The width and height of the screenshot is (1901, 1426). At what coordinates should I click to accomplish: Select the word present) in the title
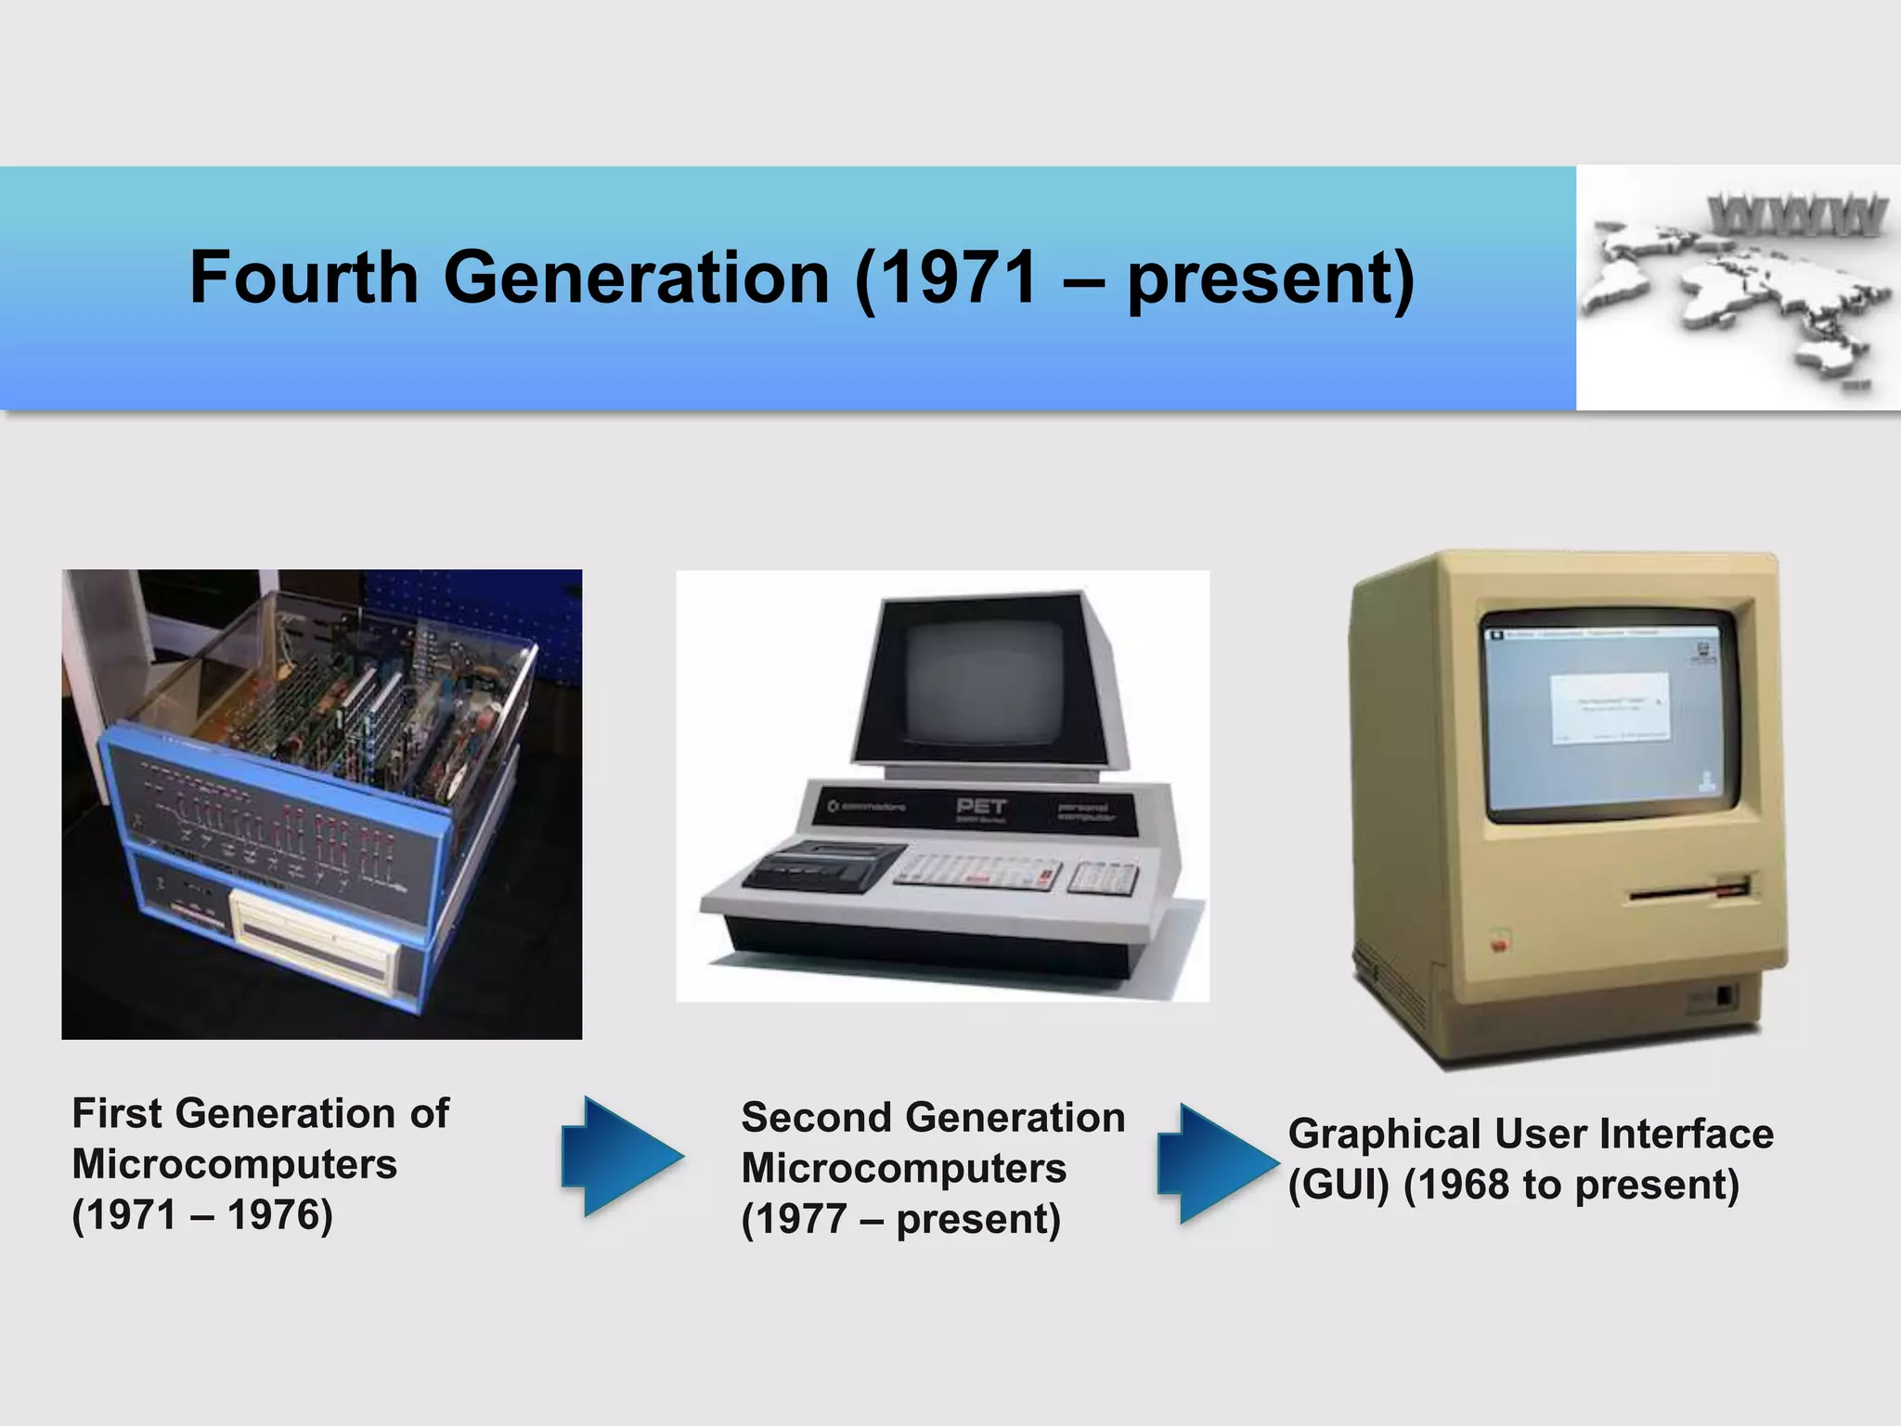pyautogui.click(x=1271, y=279)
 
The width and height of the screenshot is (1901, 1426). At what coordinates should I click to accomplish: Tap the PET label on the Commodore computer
pyautogui.click(x=981, y=805)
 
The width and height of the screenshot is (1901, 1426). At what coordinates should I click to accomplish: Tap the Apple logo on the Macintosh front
pyautogui.click(x=1497, y=944)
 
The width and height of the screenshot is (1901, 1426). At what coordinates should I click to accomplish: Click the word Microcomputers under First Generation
pyautogui.click(x=234, y=1164)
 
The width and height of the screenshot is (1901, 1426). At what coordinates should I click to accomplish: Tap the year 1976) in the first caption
pyautogui.click(x=279, y=1214)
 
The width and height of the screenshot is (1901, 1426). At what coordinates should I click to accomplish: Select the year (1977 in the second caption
pyautogui.click(x=794, y=1219)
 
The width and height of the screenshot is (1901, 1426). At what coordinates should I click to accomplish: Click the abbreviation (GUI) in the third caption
pyautogui.click(x=1338, y=1186)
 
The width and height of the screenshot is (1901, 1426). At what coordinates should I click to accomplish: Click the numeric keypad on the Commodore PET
pyautogui.click(x=1102, y=876)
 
